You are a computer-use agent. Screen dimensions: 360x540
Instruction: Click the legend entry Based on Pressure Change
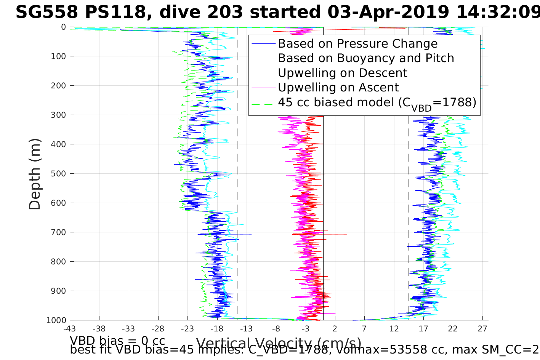[x=357, y=44]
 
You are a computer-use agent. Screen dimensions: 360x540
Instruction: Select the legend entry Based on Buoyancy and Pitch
[x=366, y=58]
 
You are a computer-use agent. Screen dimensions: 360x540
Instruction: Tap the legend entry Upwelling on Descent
[x=342, y=73]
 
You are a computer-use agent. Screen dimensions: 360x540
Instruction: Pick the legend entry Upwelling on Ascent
[x=338, y=87]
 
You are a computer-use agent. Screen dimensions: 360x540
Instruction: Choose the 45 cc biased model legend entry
[x=377, y=102]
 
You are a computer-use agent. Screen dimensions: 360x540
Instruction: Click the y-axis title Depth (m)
[x=35, y=174]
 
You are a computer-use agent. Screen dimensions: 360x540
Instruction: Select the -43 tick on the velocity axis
[x=70, y=328]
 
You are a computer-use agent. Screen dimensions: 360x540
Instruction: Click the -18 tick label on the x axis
[x=217, y=328]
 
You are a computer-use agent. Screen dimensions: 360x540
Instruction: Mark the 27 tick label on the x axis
[x=482, y=328]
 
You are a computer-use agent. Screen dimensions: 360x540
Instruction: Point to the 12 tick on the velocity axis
[x=394, y=328]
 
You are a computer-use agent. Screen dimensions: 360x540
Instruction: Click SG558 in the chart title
[x=40, y=13]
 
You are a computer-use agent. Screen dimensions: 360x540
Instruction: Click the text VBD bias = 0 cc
[x=117, y=340]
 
